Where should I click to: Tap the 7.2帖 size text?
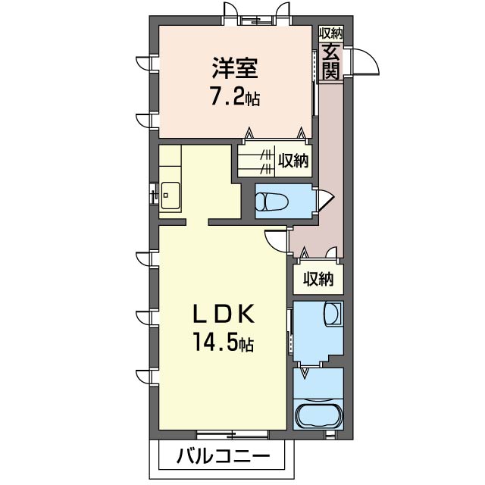coord(235,97)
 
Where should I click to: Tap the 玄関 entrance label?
coord(330,61)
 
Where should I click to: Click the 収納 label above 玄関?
coord(330,33)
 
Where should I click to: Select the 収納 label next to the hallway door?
coord(318,278)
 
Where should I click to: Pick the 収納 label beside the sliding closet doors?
coord(293,161)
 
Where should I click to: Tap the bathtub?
coord(318,417)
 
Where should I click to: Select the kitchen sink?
coord(168,196)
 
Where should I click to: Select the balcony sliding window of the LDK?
coord(232,435)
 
